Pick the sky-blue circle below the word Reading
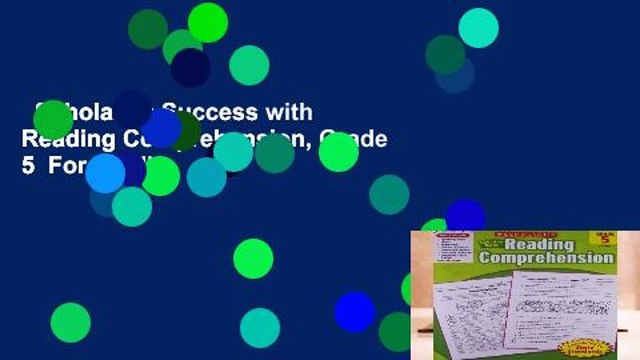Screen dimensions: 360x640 [105, 172]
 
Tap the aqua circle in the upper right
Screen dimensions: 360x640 [478, 28]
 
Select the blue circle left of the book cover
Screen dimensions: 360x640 [354, 312]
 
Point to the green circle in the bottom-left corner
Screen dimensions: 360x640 [70, 322]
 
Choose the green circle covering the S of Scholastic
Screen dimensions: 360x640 [52, 119]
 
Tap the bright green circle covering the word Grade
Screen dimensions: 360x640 [338, 152]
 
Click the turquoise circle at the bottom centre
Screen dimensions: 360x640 [260, 328]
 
